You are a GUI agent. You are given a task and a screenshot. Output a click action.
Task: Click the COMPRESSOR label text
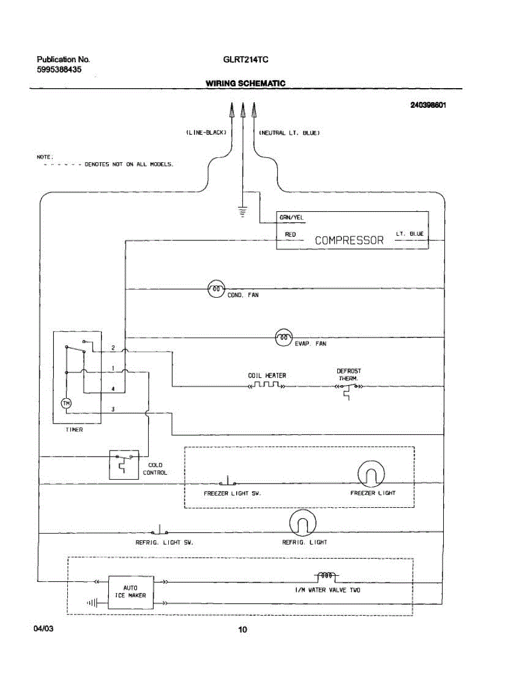click(349, 240)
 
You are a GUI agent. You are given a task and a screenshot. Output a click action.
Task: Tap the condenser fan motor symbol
click(216, 289)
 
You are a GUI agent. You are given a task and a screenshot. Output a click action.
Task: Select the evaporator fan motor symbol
click(284, 338)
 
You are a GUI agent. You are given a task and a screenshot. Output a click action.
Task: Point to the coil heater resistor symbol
click(266, 385)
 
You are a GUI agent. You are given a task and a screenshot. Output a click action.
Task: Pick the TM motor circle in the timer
click(66, 403)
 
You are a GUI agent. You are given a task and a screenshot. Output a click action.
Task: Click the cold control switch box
click(124, 464)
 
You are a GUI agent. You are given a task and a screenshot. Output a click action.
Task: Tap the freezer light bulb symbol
click(371, 474)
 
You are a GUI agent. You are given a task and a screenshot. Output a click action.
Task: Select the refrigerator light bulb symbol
click(302, 523)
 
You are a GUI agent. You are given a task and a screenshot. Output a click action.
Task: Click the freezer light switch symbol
click(228, 481)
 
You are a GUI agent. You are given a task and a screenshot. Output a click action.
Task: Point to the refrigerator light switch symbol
click(159, 530)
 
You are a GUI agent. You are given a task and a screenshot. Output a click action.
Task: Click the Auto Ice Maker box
click(131, 593)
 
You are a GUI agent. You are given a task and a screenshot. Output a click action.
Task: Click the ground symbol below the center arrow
click(243, 211)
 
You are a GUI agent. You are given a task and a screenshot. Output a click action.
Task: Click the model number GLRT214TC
click(246, 60)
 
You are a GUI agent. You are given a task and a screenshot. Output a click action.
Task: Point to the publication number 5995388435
click(59, 70)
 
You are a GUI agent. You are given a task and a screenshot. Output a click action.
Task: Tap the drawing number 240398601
click(429, 105)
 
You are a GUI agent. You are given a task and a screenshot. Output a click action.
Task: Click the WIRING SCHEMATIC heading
click(246, 84)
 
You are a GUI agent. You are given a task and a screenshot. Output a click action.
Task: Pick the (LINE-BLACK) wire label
click(206, 133)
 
